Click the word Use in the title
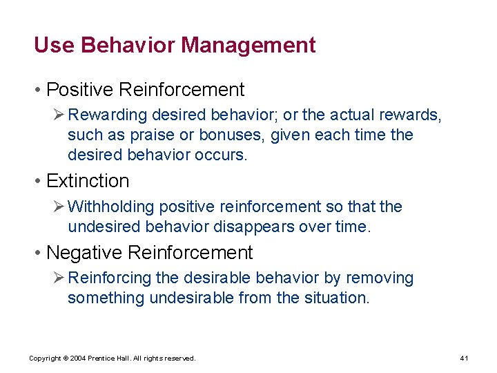(x=55, y=46)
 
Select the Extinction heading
(x=88, y=181)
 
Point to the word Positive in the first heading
(x=80, y=90)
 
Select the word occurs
(x=222, y=155)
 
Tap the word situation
(x=336, y=298)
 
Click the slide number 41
(x=465, y=358)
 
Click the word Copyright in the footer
(x=45, y=358)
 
